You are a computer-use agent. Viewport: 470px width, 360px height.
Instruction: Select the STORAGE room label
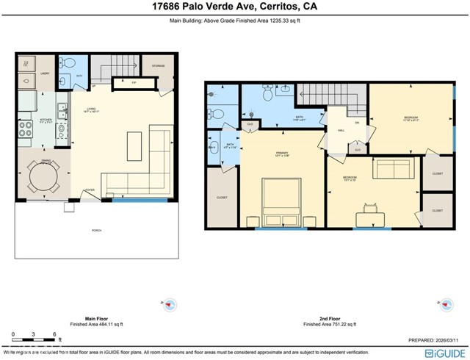159,66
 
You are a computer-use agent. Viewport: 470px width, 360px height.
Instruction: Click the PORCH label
96,231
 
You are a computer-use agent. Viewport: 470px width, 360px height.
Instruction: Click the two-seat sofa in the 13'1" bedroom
394,169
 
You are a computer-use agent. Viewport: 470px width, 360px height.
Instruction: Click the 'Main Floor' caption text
96,317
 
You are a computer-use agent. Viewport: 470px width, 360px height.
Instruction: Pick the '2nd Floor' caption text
329,317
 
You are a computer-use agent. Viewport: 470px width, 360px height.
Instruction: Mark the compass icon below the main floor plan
170,304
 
